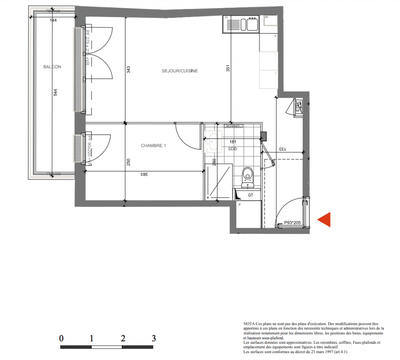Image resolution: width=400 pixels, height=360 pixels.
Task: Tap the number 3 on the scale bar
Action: [152, 340]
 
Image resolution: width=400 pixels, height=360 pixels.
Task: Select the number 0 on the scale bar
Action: [62, 340]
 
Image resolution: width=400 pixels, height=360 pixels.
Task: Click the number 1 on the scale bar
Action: [92, 340]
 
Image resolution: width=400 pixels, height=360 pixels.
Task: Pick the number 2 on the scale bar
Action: [122, 340]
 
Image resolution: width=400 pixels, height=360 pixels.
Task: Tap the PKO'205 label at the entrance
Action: [292, 224]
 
